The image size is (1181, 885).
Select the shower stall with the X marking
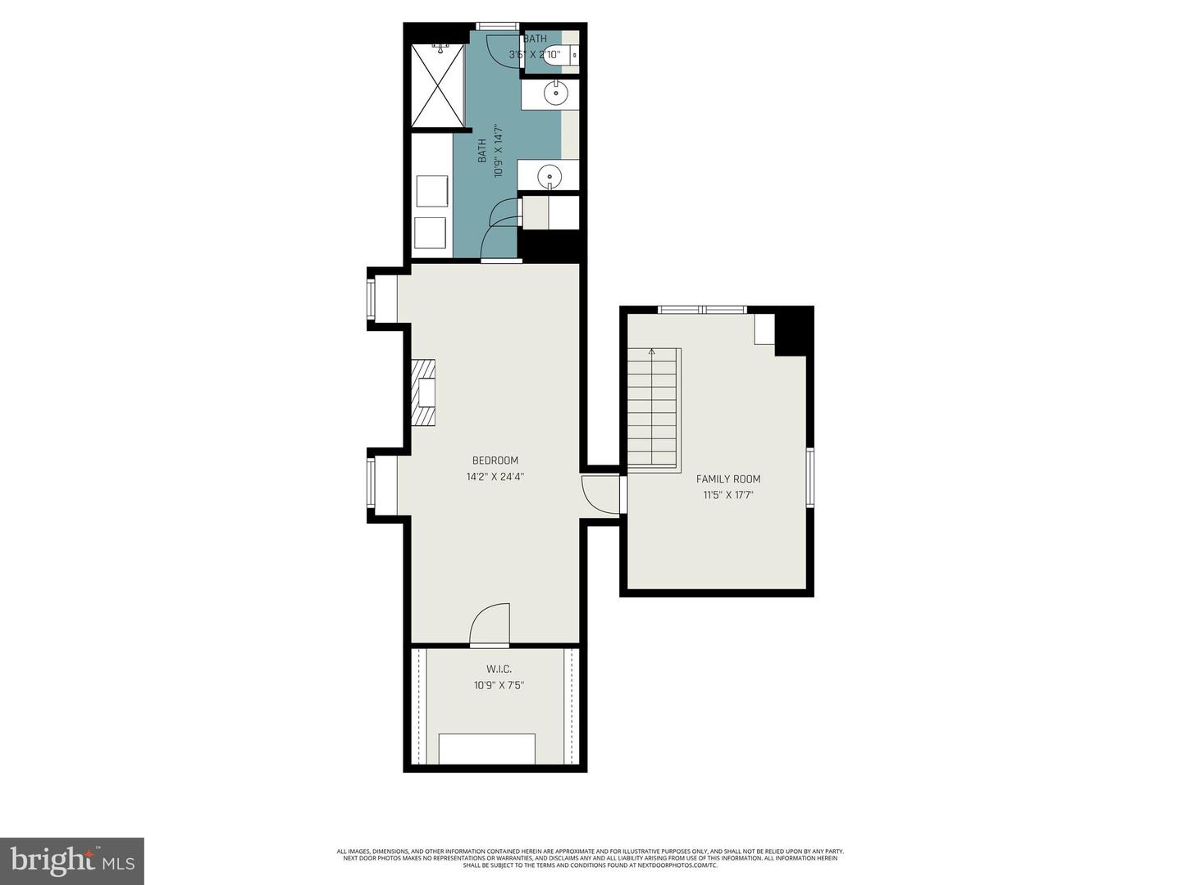click(437, 85)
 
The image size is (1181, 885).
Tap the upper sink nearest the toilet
click(557, 94)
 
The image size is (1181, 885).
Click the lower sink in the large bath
click(549, 175)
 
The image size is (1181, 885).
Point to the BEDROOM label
click(495, 461)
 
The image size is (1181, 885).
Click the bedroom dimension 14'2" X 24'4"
click(495, 476)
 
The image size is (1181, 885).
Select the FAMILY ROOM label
click(727, 479)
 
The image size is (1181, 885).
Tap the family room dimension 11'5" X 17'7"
click(727, 495)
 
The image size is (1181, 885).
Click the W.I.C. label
click(499, 669)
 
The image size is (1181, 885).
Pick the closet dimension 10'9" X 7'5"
click(499, 685)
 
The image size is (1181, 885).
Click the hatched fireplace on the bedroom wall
click(423, 393)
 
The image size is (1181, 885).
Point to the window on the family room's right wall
click(809, 477)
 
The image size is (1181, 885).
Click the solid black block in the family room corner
click(793, 332)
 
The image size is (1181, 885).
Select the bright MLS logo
click(72, 860)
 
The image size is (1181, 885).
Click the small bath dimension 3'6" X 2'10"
click(534, 55)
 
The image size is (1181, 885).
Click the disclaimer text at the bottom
click(590, 858)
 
